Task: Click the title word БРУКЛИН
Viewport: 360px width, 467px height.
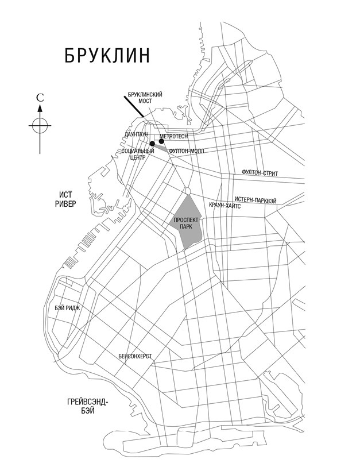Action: [x=107, y=55]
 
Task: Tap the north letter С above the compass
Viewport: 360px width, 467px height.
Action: [x=40, y=98]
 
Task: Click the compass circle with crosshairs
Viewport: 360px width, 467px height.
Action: [x=40, y=124]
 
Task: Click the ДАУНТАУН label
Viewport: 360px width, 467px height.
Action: [x=136, y=134]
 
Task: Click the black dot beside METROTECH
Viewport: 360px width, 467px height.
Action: [x=161, y=141]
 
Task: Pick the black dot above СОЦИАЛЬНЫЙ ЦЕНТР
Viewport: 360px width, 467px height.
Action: [x=152, y=144]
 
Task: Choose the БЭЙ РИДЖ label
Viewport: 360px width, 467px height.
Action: [x=67, y=308]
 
